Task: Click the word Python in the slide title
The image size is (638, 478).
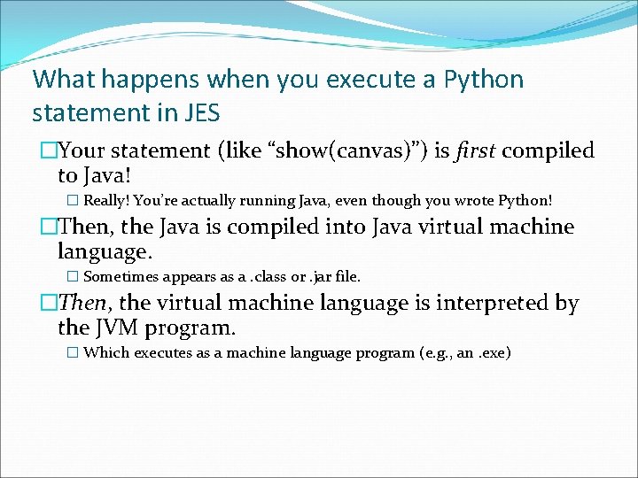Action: (x=485, y=80)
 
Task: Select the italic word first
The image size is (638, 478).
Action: (x=476, y=150)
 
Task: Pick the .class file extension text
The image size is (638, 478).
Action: (x=267, y=276)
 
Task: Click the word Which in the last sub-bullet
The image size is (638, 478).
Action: (x=105, y=352)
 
